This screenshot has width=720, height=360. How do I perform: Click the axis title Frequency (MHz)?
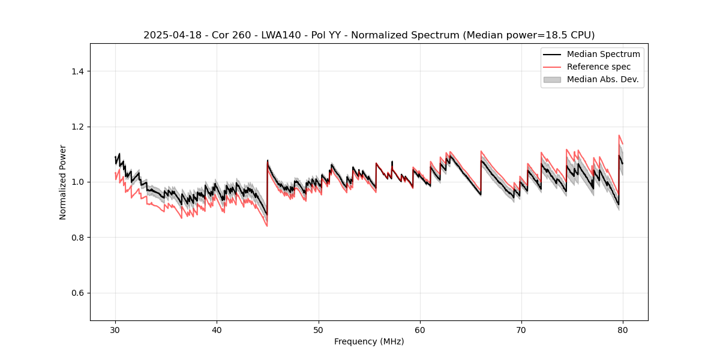click(x=369, y=341)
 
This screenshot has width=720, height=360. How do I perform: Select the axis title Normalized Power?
click(x=63, y=182)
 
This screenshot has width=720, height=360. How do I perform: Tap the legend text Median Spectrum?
click(x=603, y=54)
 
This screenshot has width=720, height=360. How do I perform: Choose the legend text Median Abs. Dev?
click(x=602, y=79)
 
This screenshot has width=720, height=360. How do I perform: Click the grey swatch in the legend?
click(x=552, y=79)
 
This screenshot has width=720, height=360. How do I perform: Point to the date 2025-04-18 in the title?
click(x=170, y=35)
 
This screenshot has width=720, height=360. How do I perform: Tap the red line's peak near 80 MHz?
click(x=619, y=136)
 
